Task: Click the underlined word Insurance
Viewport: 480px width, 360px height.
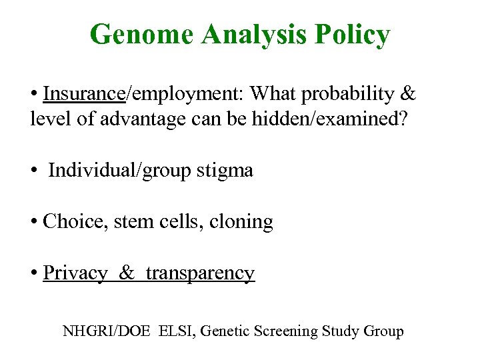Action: tap(84, 94)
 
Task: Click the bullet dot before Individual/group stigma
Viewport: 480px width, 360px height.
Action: tap(34, 171)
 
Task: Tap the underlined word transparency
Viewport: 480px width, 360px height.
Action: tap(200, 273)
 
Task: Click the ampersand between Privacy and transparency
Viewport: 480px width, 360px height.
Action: tap(127, 273)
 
